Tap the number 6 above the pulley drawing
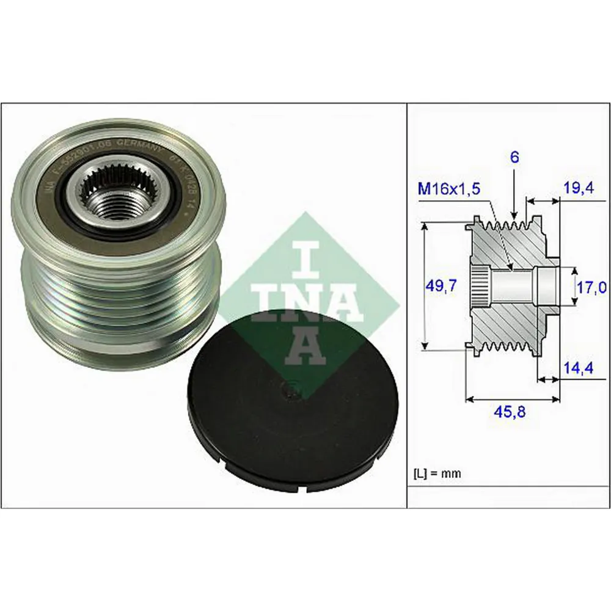coord(514,158)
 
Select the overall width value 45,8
coord(510,412)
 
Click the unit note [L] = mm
coord(437,473)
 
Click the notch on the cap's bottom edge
coord(306,488)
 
